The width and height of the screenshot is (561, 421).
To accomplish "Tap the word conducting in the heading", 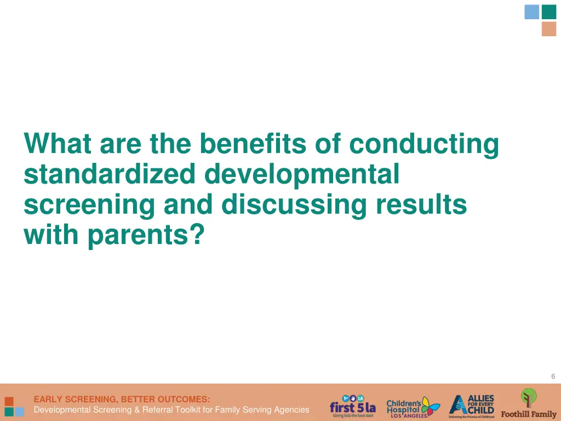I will (424, 144).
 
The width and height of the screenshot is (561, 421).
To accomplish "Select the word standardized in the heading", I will (110, 174).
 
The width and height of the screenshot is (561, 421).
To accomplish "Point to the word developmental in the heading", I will (302, 174).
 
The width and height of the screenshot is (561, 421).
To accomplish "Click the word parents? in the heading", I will (146, 235).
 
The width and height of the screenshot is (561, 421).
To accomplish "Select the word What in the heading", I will (57, 144).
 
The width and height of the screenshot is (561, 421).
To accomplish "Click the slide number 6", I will (553, 376).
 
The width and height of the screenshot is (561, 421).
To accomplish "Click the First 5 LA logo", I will (352, 406).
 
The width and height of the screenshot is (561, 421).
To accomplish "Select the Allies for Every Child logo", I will (472, 406).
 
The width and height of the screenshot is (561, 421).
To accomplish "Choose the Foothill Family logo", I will (529, 403).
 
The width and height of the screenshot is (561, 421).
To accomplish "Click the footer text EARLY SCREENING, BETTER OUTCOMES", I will (122, 399).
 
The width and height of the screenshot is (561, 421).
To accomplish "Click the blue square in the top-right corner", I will (531, 12).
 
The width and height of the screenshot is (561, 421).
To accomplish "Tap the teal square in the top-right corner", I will (549, 12).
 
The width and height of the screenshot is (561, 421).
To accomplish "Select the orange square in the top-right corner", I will (549, 29).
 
